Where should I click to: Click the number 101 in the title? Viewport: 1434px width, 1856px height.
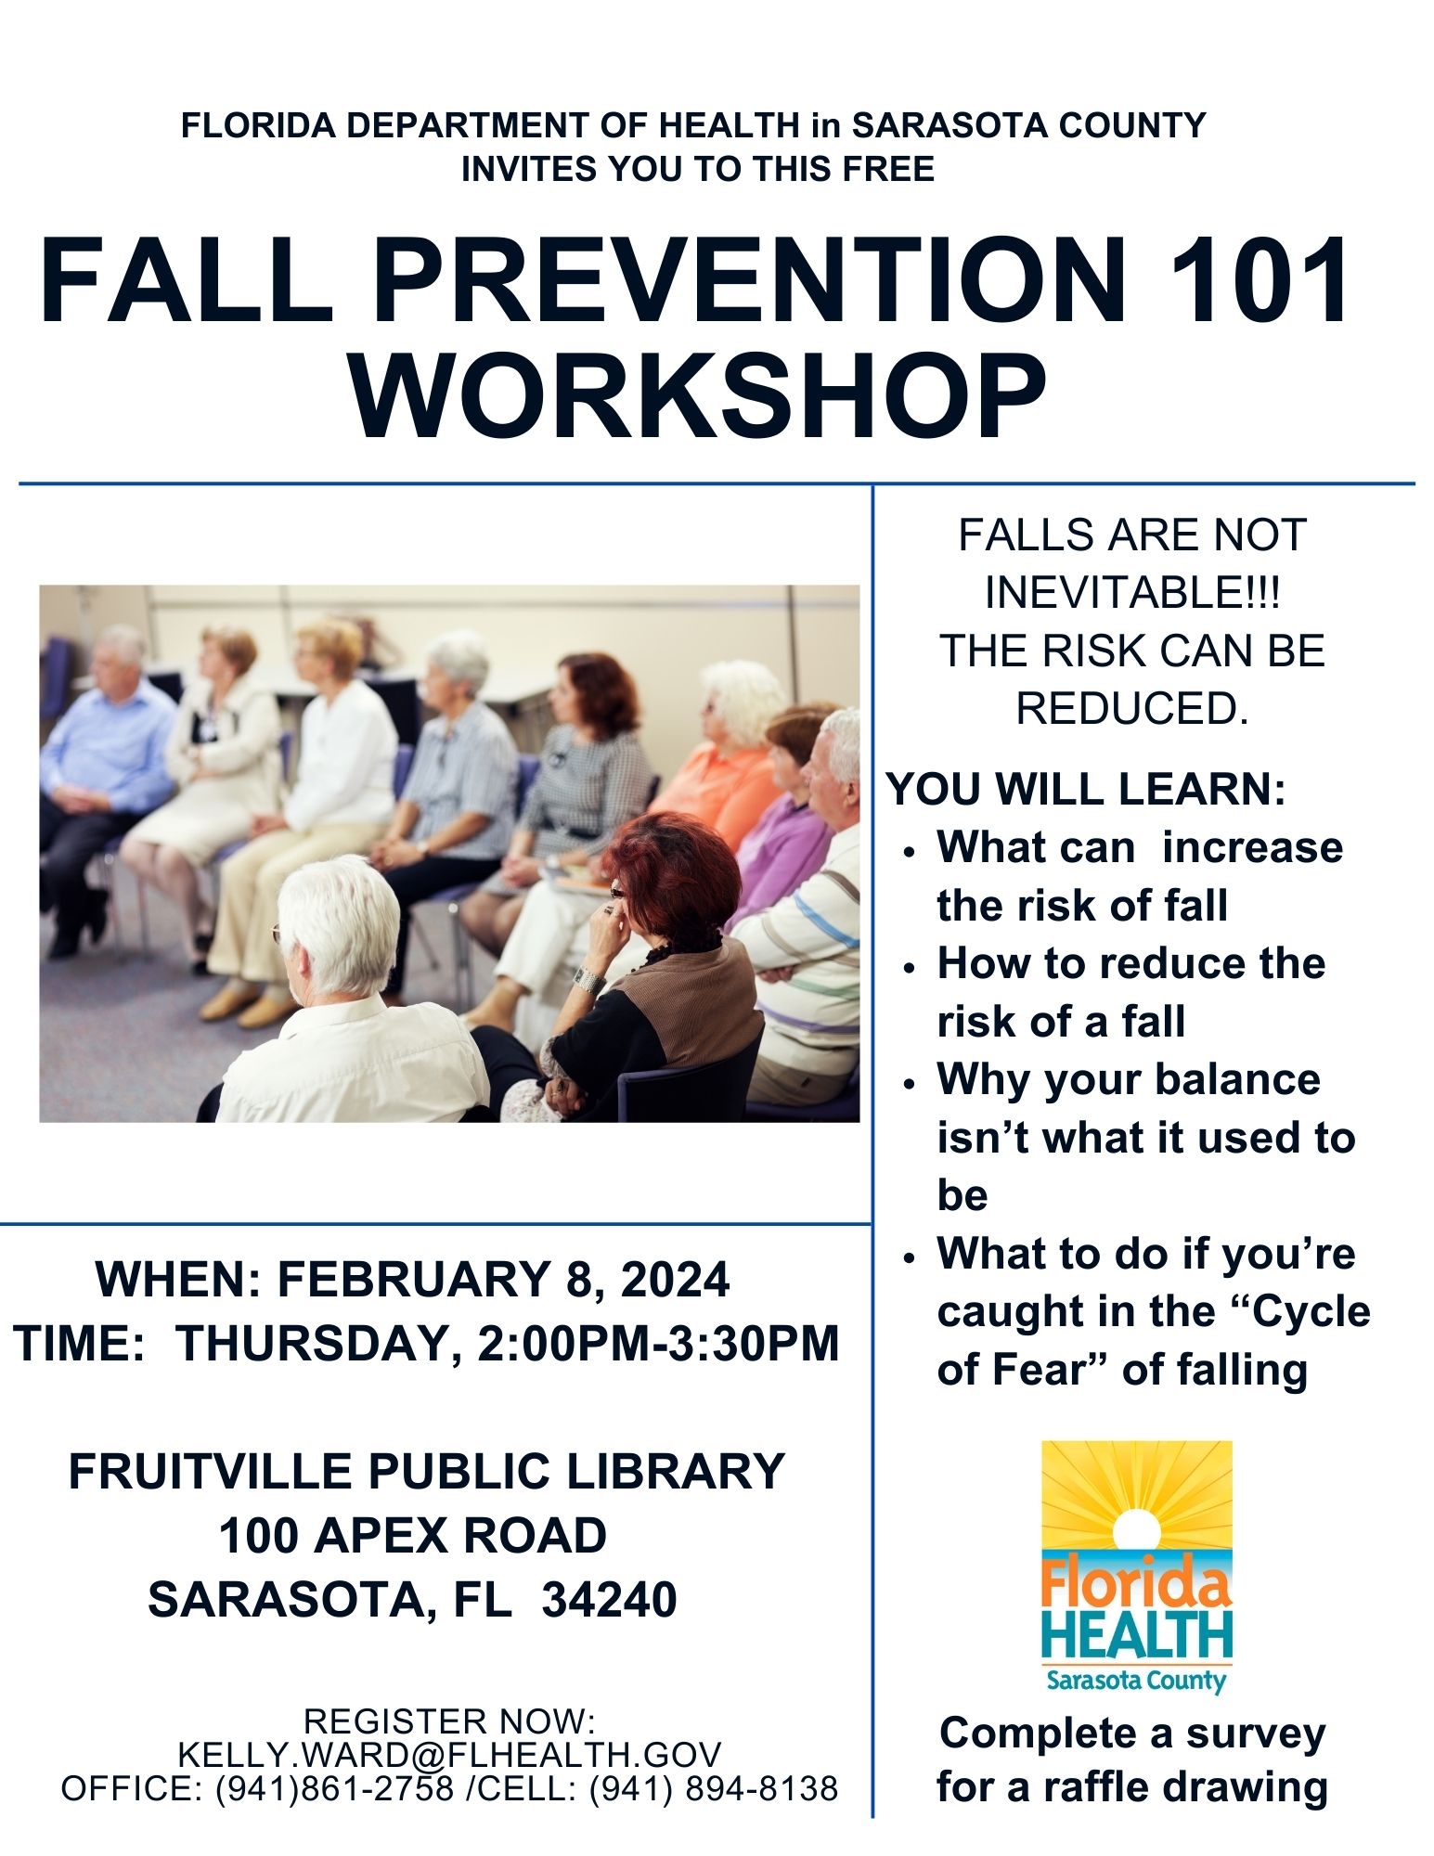tap(1260, 279)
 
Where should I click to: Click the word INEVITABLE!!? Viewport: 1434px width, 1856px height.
tap(1132, 592)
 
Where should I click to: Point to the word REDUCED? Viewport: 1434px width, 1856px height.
tap(1132, 709)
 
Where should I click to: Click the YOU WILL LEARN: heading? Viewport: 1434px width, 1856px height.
tap(1087, 789)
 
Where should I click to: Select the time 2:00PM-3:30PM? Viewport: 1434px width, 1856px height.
tap(658, 1343)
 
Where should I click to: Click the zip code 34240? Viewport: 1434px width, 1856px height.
tap(609, 1599)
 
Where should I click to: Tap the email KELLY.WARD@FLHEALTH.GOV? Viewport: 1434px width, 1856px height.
tap(449, 1754)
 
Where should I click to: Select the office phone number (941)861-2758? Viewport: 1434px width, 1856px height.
tap(335, 1787)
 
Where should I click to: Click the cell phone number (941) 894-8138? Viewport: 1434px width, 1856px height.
tap(714, 1787)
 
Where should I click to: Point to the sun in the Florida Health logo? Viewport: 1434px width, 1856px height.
tap(1137, 1531)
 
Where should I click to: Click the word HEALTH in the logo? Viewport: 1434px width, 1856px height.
tap(1137, 1635)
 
